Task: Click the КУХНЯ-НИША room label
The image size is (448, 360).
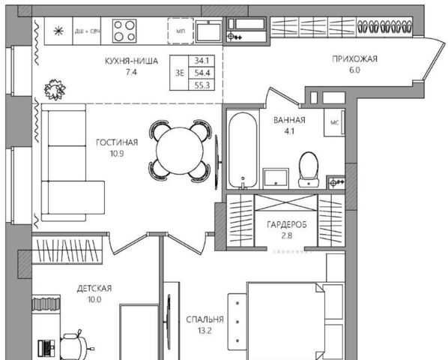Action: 131,61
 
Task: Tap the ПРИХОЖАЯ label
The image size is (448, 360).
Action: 354,59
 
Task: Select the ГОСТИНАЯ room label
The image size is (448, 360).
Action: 117,142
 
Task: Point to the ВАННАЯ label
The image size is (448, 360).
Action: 289,120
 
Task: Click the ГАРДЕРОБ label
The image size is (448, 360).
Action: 287,225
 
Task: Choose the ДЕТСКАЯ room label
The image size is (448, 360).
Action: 94,289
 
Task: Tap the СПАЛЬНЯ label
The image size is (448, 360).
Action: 205,319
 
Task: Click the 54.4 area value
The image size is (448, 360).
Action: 202,73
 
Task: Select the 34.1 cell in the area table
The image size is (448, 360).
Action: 202,61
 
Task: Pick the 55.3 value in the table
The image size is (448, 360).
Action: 202,85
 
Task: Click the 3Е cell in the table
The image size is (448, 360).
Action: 180,73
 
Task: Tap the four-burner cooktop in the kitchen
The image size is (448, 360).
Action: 124,31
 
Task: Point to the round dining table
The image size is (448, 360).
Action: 180,151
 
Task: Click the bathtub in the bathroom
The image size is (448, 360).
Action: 243,151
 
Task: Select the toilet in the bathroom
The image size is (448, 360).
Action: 309,169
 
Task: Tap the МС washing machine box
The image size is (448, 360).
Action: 334,122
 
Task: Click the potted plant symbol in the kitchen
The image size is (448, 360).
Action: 55,90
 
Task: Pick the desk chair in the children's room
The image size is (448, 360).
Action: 73,346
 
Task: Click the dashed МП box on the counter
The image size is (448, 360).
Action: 181,31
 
